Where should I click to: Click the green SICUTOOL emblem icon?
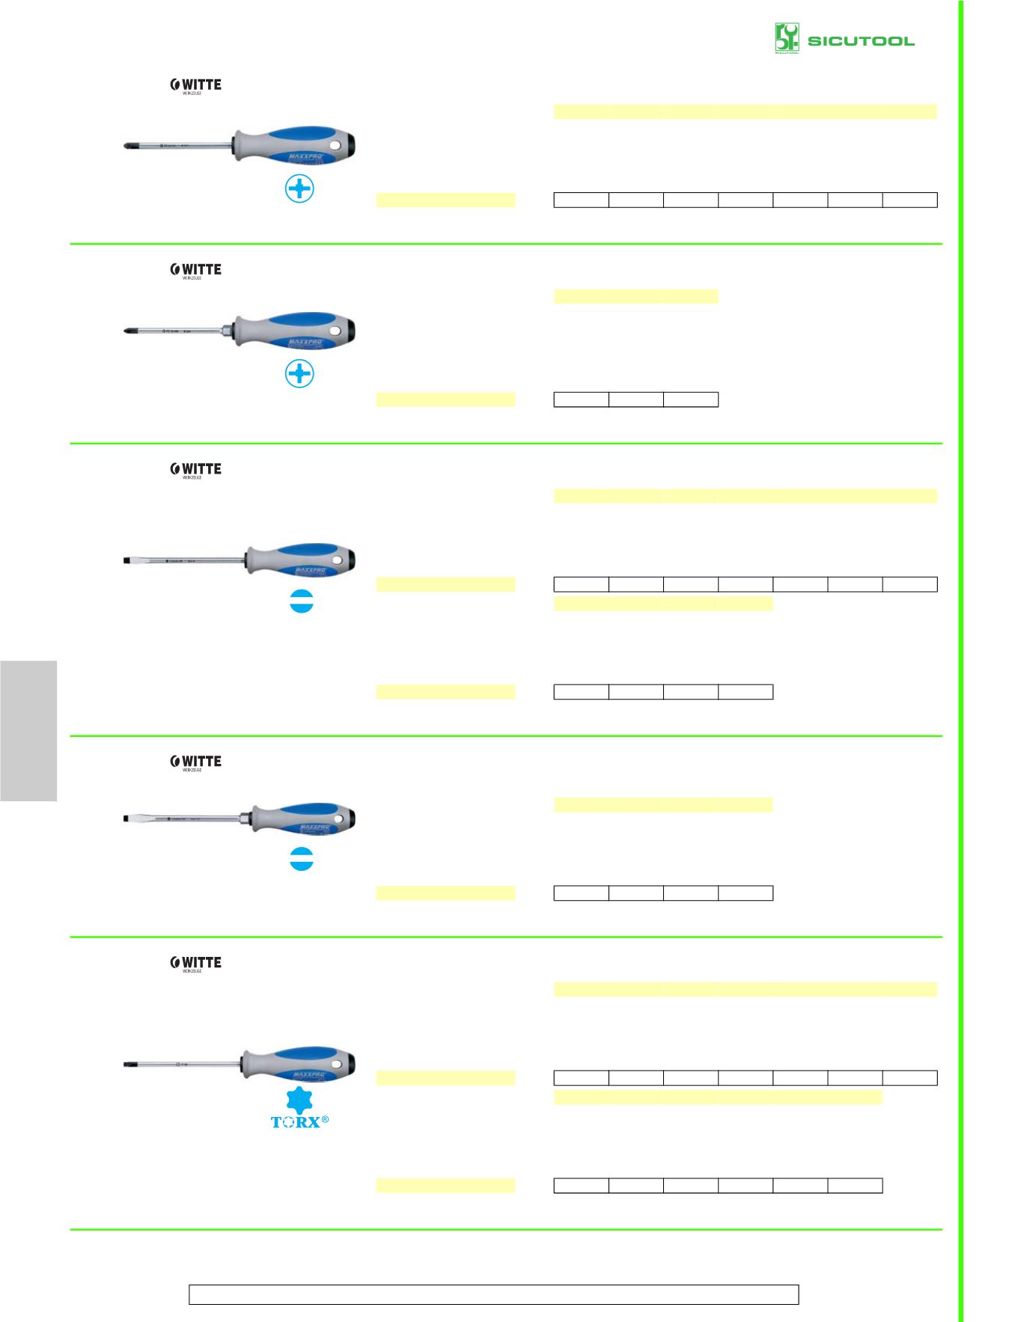pos(787,38)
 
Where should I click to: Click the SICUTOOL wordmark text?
pos(861,40)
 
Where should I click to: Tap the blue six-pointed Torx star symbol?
pos(299,1101)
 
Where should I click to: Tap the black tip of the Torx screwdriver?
pos(127,1064)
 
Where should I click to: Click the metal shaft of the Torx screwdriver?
pos(187,1064)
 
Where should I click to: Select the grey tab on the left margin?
pos(28,730)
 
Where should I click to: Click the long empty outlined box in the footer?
pos(493,1294)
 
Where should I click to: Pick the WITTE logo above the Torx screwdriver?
pos(196,964)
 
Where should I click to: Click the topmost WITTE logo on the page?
pos(196,85)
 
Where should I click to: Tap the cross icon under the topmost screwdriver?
pos(299,189)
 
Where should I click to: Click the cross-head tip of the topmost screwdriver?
pos(128,147)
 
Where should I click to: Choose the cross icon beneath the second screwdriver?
pos(299,374)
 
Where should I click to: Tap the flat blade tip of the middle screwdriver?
pos(127,560)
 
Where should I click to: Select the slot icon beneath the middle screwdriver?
pos(300,603)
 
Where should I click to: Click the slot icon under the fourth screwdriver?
pos(300,860)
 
